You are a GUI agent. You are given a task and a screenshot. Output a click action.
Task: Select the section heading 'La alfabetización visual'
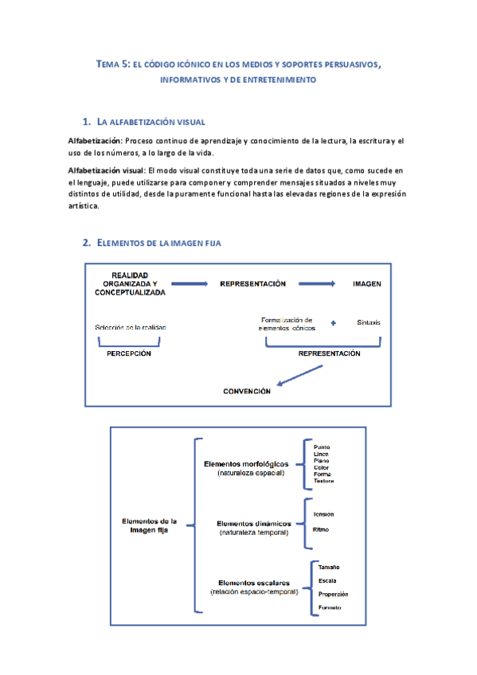tap(151, 122)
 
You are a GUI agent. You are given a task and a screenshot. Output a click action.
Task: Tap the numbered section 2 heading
tap(151, 242)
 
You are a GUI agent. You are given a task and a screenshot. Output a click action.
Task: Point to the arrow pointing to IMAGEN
tap(315, 283)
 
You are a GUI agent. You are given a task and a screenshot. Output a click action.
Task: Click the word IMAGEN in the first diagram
tap(366, 283)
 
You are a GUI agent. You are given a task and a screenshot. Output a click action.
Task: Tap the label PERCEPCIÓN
tap(129, 354)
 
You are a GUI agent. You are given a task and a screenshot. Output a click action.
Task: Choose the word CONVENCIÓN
tap(246, 392)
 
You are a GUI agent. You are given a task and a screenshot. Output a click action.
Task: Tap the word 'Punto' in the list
tap(322, 447)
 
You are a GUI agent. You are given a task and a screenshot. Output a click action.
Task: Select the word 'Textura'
tap(324, 481)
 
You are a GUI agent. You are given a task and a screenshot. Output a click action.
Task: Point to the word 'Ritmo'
tap(323, 529)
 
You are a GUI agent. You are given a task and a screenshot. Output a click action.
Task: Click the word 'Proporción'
tap(333, 594)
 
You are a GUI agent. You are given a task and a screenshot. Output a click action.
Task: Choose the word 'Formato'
tap(330, 608)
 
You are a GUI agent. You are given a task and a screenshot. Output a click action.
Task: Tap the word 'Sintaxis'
tap(369, 323)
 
